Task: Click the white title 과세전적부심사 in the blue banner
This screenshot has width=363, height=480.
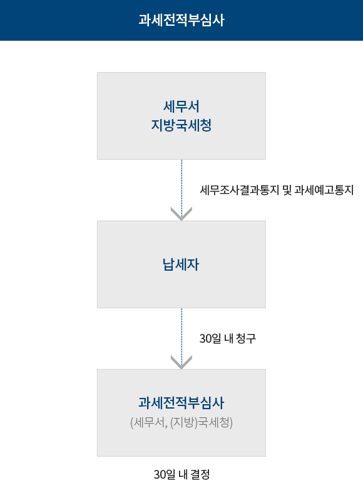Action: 181,20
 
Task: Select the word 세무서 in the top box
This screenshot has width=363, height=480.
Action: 181,107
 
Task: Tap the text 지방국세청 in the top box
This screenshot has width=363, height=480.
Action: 181,125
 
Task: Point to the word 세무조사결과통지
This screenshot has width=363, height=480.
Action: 240,190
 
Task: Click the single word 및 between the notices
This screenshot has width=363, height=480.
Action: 287,190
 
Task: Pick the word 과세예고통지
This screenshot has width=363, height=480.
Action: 324,190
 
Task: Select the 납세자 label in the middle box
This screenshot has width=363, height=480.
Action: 181,264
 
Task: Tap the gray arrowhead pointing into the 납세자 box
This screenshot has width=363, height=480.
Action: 181,214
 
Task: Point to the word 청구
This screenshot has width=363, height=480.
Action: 246,338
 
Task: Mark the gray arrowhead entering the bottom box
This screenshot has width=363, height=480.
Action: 181,362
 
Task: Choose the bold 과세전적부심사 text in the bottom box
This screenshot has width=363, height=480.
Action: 181,403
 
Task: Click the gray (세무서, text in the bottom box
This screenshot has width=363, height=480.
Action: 149,423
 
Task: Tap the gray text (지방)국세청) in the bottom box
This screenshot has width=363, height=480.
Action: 202,423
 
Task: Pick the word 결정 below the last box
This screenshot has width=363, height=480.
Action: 200,474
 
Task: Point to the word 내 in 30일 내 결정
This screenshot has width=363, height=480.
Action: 183,474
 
